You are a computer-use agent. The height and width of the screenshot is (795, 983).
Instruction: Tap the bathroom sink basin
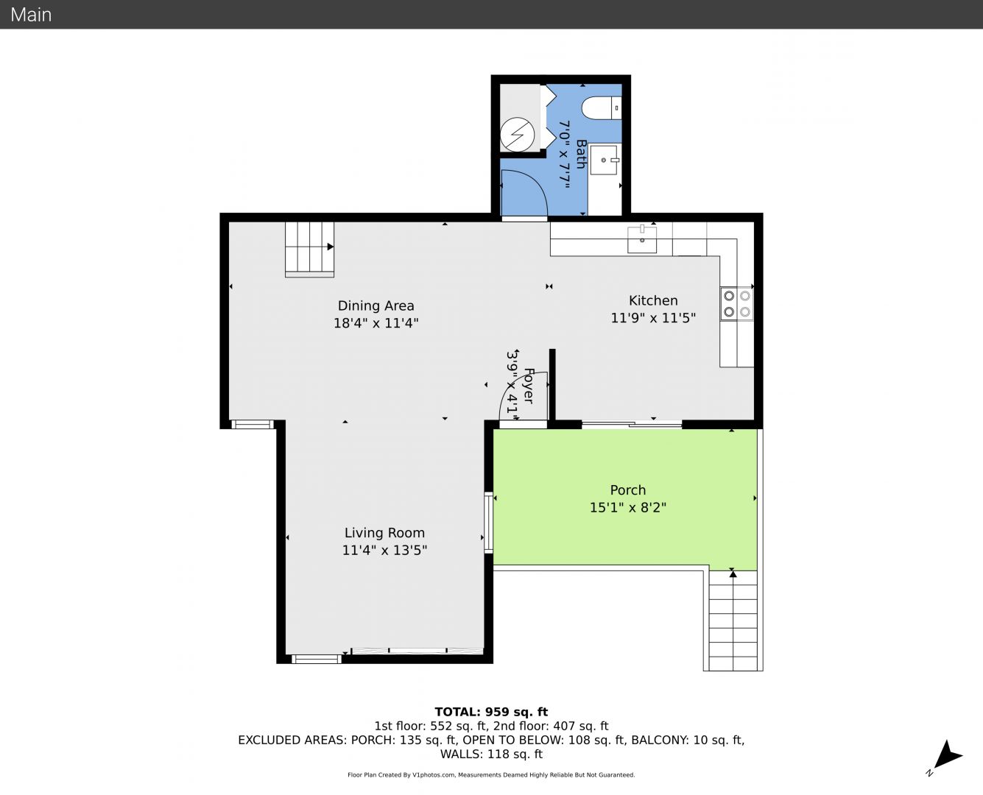[x=604, y=160]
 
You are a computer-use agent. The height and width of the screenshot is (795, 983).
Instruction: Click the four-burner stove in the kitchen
[x=737, y=303]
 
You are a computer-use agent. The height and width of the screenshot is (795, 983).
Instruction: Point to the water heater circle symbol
[x=518, y=135]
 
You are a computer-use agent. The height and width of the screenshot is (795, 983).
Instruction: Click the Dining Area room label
[x=376, y=306]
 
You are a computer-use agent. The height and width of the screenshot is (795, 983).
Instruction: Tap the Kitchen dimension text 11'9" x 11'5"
[x=653, y=318]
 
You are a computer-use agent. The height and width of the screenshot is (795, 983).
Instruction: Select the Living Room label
[x=384, y=533]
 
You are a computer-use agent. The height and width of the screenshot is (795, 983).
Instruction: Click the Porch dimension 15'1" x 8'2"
[x=627, y=507]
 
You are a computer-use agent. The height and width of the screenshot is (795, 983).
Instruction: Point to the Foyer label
[x=529, y=386]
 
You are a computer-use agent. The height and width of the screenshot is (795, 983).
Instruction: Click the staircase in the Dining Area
[x=309, y=250]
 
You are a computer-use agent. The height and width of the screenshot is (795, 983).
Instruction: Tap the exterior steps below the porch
[x=733, y=621]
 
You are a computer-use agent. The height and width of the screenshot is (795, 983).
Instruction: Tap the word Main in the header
[x=31, y=15]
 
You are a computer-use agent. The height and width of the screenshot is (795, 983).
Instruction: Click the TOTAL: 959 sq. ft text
[x=491, y=712]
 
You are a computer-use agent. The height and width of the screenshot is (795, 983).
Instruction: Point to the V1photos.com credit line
[x=491, y=774]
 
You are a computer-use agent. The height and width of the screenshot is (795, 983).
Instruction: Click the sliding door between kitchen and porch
[x=631, y=424]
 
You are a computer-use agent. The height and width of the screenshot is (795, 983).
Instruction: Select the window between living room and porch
[x=488, y=523]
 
